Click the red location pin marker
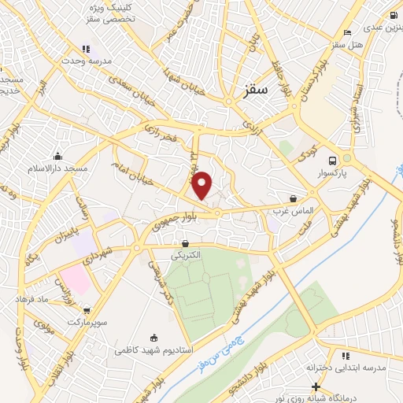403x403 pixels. click(x=202, y=184)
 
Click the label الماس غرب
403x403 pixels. click(x=295, y=212)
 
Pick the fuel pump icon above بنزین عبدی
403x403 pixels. click(x=394, y=15)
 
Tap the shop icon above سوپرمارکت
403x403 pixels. click(x=87, y=311)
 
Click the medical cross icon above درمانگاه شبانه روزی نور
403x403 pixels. click(x=316, y=387)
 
